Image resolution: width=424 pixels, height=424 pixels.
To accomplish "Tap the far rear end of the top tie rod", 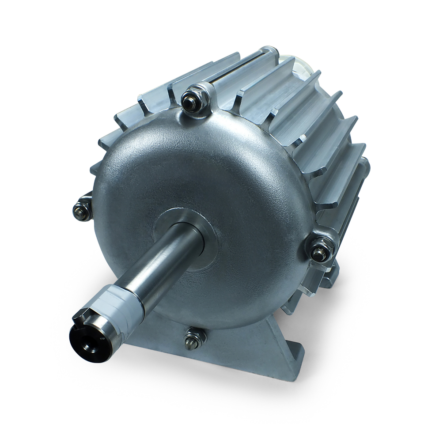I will point(269,51).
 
